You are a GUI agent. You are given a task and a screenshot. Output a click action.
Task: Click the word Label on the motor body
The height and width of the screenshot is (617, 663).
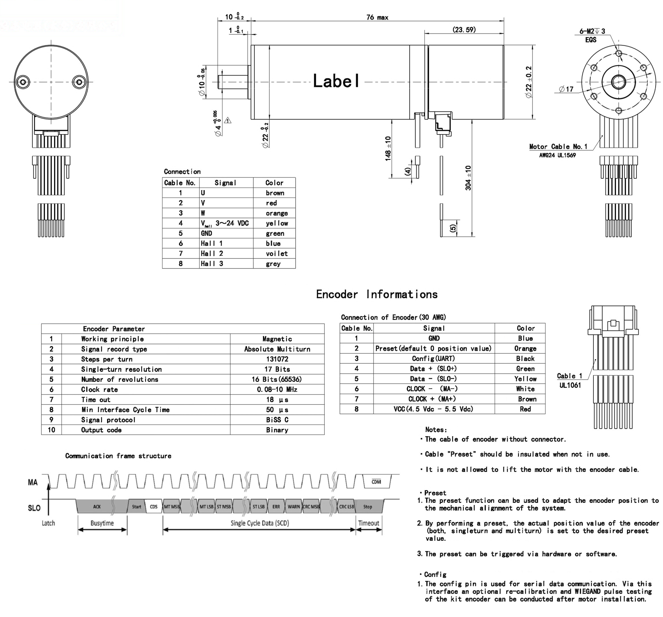336,81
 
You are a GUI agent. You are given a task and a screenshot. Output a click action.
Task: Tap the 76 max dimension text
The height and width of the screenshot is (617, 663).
377,17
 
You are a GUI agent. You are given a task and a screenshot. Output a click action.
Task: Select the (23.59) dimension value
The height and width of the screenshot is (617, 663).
464,30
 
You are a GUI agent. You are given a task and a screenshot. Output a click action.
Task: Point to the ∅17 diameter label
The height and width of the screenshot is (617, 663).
566,89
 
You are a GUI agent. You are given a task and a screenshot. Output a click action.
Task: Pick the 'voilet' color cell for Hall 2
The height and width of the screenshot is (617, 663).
276,254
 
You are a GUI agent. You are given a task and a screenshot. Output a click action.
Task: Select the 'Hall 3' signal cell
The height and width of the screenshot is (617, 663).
212,264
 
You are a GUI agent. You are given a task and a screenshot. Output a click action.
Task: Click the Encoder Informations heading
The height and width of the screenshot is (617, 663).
376,294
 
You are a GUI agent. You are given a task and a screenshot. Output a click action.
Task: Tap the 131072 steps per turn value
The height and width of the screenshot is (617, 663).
277,359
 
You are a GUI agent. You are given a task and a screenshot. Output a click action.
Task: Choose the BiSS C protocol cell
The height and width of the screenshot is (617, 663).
277,420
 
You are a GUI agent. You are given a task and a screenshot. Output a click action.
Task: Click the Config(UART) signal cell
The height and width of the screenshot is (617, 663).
433,359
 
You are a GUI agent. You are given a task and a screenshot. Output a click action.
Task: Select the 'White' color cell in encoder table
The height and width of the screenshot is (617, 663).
525,389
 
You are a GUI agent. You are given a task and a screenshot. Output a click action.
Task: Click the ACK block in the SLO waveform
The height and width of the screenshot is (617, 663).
97,507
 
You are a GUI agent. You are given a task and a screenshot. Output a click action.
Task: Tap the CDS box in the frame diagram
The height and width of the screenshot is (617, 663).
154,507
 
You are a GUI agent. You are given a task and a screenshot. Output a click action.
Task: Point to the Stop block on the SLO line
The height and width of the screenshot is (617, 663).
367,507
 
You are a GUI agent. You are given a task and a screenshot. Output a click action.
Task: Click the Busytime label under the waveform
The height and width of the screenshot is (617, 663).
102,523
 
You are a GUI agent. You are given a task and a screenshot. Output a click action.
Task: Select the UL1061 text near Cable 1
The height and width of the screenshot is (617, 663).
570,385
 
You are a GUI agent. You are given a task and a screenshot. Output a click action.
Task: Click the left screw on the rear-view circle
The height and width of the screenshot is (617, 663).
23,82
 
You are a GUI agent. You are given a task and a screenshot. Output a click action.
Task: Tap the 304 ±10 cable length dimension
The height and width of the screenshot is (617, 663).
468,178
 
